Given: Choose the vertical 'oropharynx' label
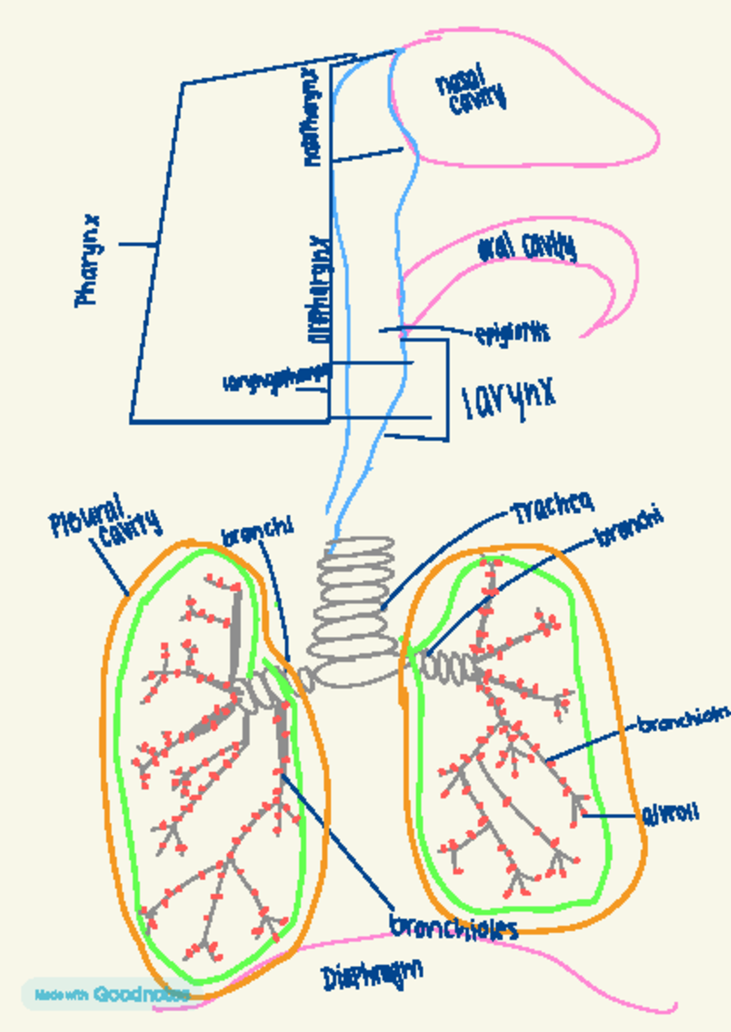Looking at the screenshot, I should (321, 289).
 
